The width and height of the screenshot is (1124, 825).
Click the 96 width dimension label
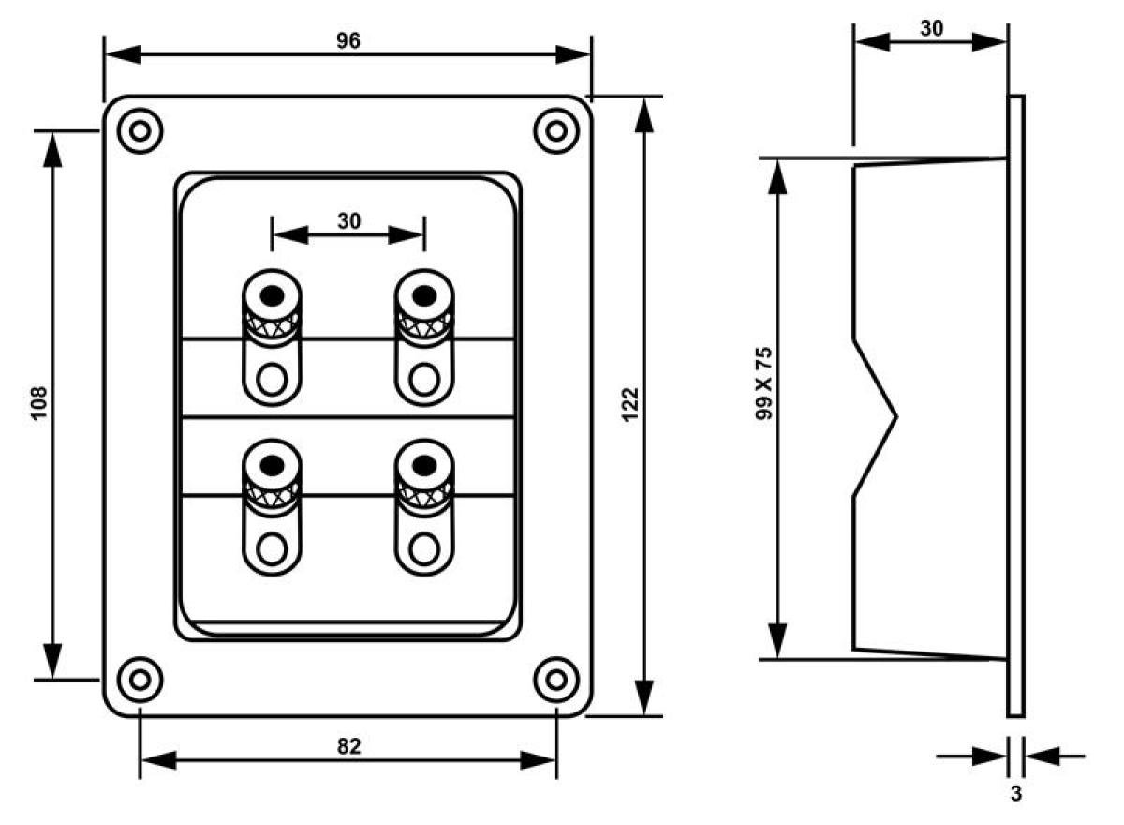348,40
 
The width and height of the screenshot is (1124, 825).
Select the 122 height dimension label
630,404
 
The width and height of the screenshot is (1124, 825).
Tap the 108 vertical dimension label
39,402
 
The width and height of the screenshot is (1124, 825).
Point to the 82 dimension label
348,746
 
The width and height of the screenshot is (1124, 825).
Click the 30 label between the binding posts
348,221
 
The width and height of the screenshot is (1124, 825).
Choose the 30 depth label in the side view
931,29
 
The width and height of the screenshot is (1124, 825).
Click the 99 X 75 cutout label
763,383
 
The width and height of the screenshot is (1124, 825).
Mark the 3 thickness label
1015,793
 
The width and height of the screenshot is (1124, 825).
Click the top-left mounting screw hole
140,131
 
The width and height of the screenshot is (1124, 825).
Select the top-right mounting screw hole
556,131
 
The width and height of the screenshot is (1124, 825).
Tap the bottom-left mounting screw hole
140,680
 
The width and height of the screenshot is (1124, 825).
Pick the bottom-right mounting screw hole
556,680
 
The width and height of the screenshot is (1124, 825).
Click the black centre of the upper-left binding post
273,295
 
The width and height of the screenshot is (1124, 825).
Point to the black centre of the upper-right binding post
424,295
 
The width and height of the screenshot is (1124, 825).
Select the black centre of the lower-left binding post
273,465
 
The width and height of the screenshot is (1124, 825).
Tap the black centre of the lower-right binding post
424,465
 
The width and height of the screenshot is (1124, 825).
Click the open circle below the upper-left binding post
272,379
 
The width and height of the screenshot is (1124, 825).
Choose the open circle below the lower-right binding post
424,548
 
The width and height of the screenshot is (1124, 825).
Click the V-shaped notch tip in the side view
896,416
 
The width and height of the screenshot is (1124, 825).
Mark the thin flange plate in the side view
1015,406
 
